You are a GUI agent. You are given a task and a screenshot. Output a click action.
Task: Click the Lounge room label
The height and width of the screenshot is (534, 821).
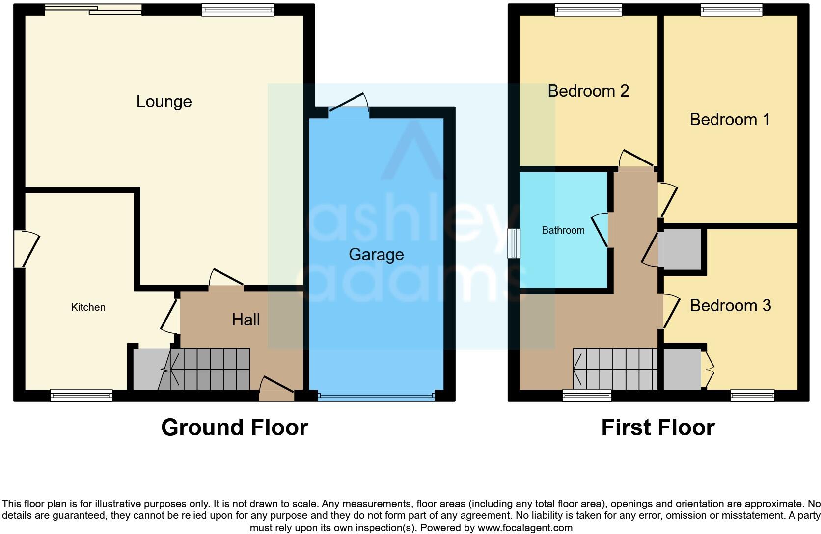pos(164,102)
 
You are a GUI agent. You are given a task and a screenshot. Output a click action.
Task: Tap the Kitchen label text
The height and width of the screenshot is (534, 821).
pos(88,307)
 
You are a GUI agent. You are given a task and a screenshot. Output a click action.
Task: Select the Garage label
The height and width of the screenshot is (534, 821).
pos(376,254)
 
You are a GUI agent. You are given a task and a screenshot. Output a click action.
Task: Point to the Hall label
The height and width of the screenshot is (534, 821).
pos(246,320)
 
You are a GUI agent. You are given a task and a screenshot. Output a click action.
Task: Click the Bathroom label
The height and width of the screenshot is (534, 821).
pos(563,230)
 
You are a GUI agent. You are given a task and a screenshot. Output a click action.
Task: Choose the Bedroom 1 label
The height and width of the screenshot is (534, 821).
pos(730,119)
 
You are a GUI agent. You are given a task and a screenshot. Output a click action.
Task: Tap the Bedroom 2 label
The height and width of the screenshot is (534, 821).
pos(588,91)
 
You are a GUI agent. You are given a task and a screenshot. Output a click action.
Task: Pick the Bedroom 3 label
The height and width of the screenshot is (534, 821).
pos(730,305)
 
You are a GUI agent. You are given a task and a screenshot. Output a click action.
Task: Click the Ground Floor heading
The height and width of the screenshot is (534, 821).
pos(234,427)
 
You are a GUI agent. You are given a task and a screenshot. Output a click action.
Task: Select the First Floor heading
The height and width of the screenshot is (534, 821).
pos(657,427)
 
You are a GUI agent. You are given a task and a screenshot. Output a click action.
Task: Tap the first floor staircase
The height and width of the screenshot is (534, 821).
pos(616,369)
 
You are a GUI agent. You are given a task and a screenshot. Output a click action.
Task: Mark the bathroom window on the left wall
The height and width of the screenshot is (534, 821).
pos(514,243)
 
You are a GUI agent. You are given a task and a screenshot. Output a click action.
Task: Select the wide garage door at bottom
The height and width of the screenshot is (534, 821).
pos(376,396)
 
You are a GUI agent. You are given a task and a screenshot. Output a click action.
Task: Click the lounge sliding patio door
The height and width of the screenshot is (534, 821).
pos(93,9)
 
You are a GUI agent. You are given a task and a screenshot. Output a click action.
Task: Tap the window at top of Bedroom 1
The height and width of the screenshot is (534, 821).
pos(732,9)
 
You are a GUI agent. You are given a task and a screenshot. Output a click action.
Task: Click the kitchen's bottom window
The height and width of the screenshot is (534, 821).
pos(82,396)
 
